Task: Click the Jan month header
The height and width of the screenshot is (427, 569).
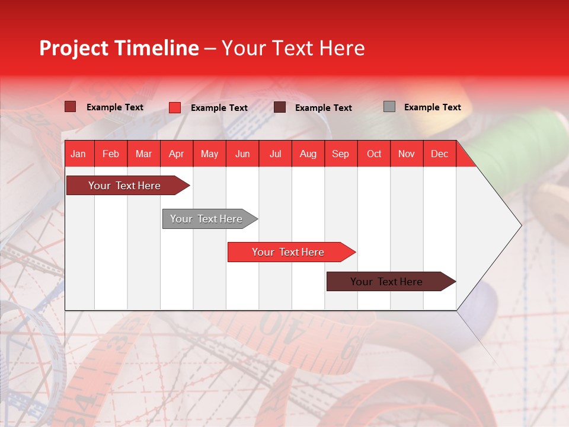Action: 79,154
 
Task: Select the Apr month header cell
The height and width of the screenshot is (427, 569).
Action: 177,154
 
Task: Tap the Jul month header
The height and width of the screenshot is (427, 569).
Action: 275,154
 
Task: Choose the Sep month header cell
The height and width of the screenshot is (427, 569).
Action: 340,154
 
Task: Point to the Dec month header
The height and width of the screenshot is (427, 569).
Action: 439,154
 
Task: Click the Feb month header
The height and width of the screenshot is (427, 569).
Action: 111,154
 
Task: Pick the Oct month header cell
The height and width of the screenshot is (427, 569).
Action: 374,154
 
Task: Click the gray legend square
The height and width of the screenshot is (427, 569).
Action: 389,107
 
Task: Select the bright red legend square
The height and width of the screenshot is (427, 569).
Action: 175,107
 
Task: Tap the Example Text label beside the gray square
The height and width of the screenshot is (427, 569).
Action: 432,107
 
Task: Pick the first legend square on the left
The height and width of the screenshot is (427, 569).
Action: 71,107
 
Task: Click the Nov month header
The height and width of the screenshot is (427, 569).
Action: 407,154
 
